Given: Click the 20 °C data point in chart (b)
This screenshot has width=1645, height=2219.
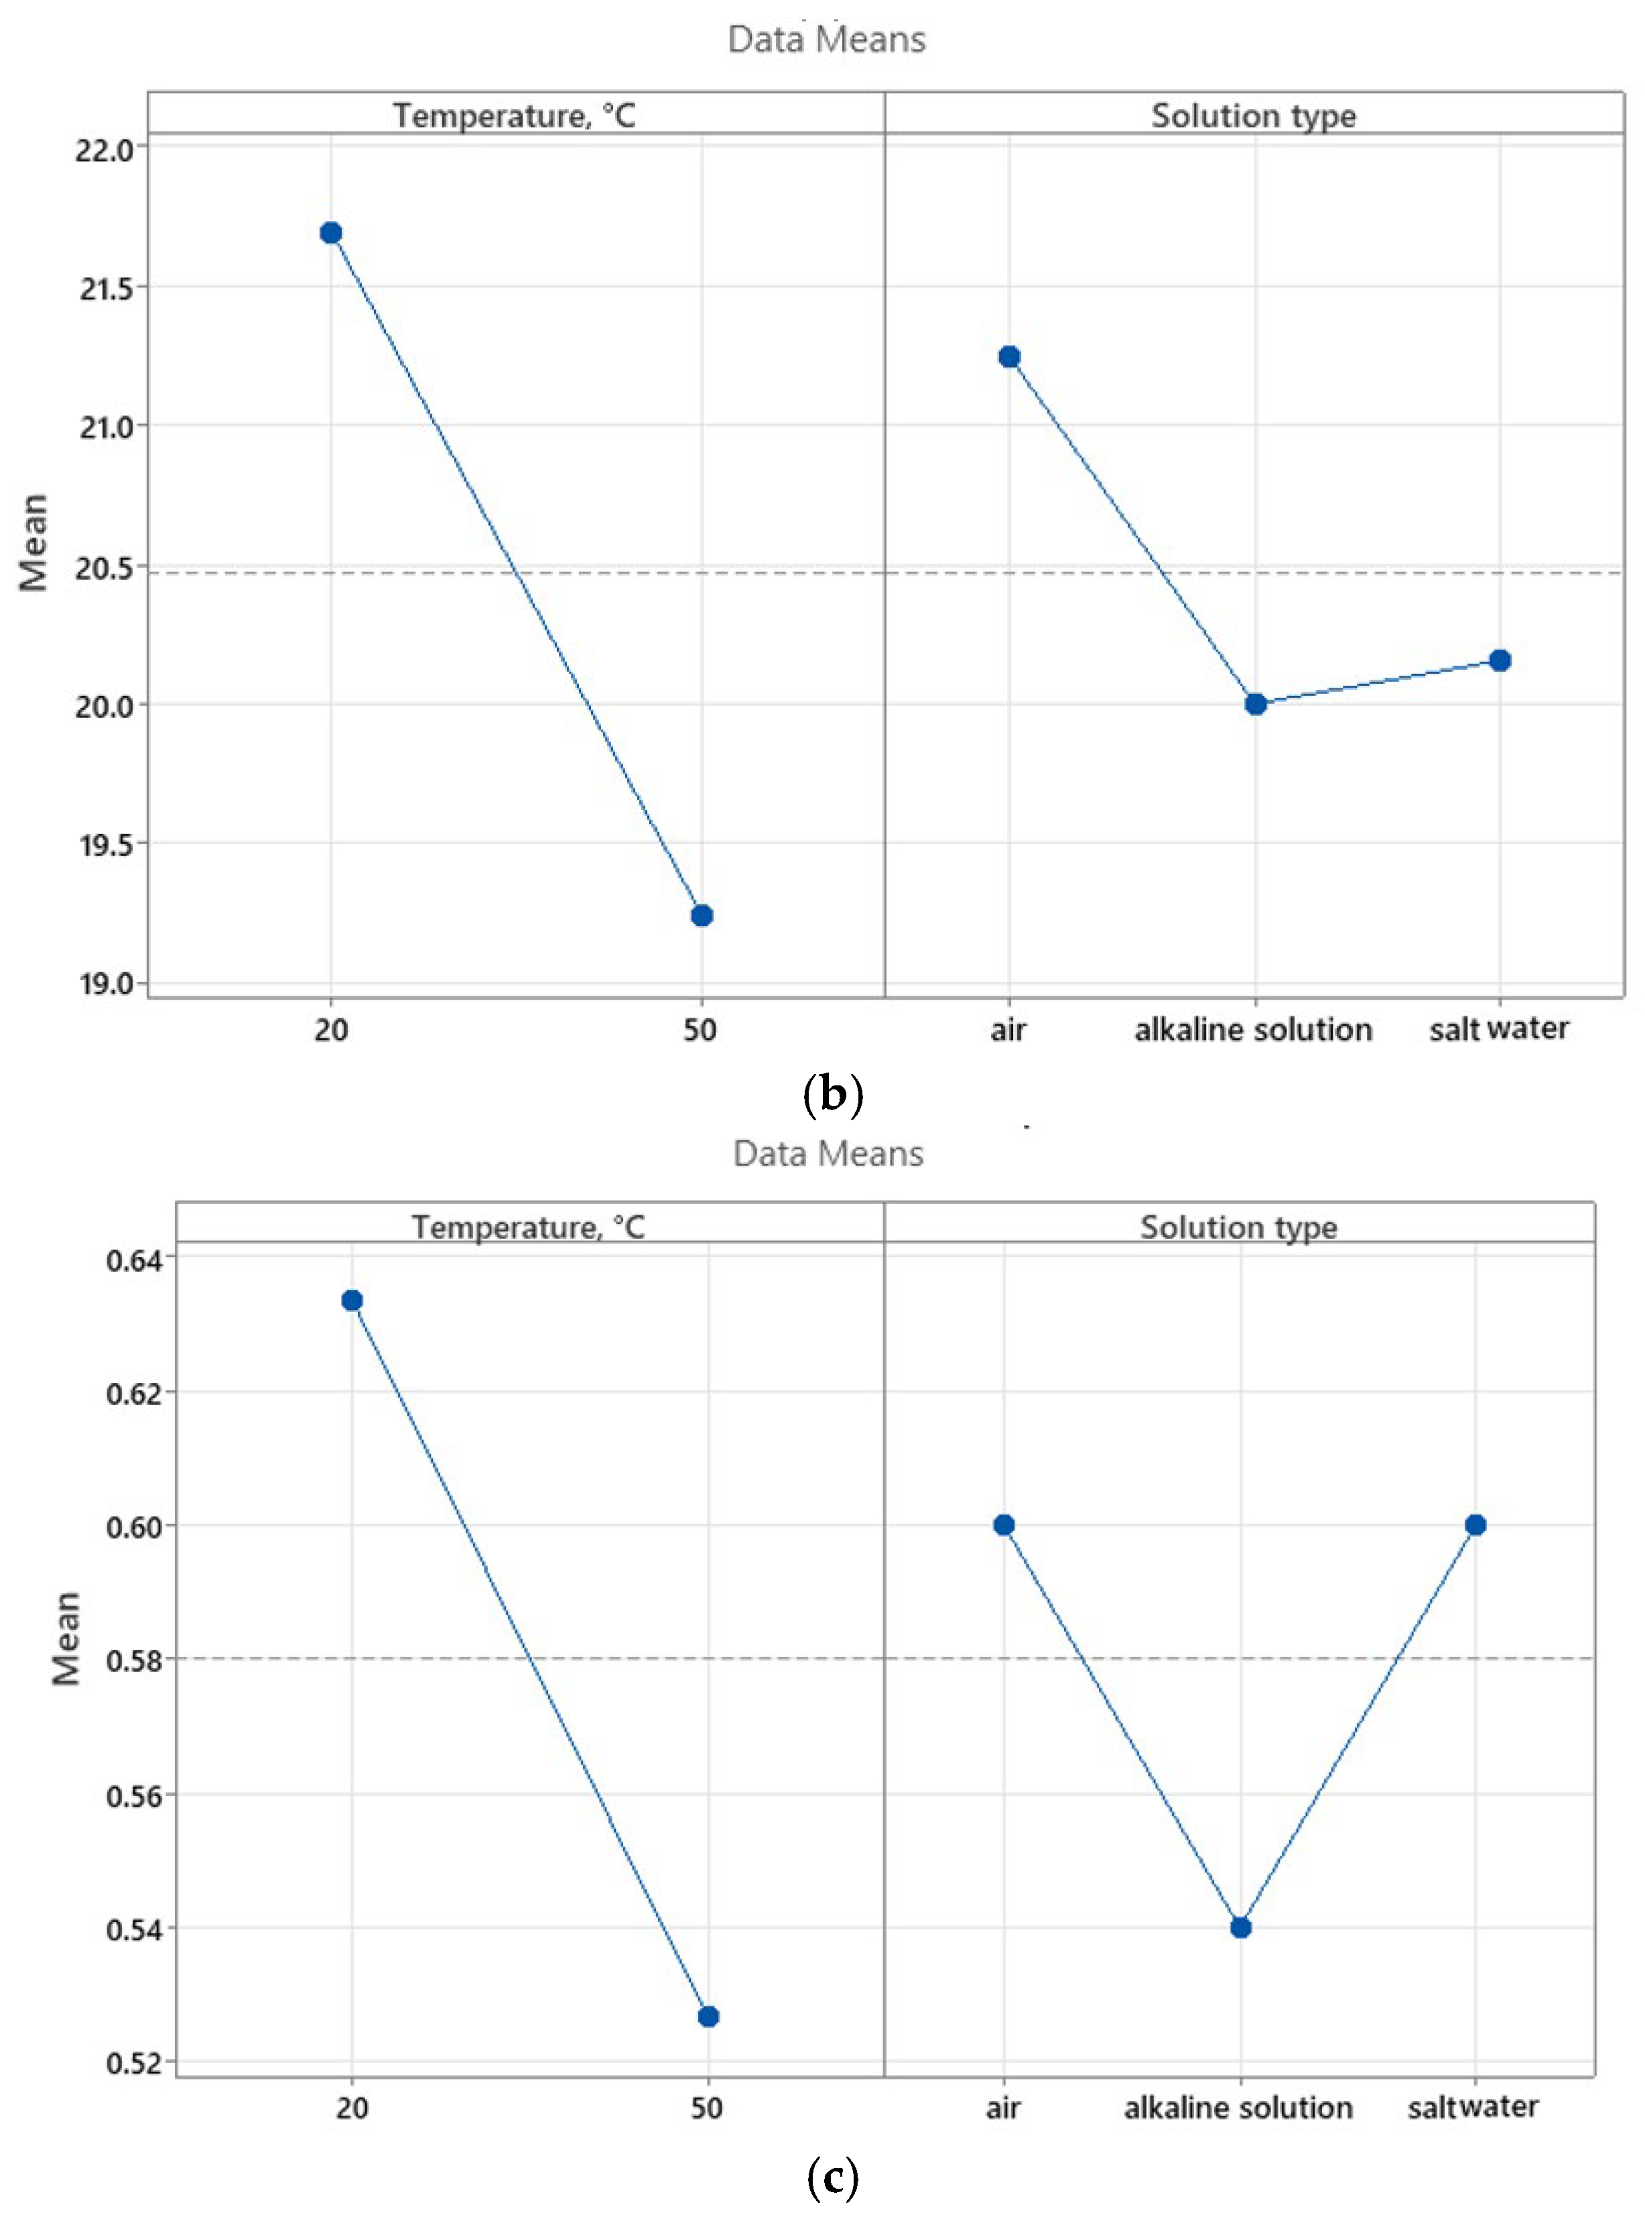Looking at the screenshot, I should coord(330,233).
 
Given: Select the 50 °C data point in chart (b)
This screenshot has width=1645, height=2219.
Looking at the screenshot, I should coord(701,915).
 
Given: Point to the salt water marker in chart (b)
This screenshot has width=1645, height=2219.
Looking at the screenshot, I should coord(1500,660).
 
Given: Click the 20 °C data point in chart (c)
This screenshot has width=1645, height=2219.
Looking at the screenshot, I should coord(352,1300).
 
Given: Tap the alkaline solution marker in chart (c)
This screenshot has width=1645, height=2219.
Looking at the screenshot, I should coord(1240,1928).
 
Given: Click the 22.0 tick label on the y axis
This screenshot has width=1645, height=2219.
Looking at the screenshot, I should coord(104,150).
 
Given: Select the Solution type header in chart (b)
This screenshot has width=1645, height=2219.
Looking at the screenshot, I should coord(1252,115).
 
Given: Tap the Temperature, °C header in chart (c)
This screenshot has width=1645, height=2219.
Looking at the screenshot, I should coord(529,1226).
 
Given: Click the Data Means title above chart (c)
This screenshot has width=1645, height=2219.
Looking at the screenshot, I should coord(828,1153).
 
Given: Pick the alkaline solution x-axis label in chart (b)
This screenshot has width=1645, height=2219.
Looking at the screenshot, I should coord(1252,1029).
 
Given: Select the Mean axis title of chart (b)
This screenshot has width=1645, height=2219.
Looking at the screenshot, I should coord(34,543).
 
